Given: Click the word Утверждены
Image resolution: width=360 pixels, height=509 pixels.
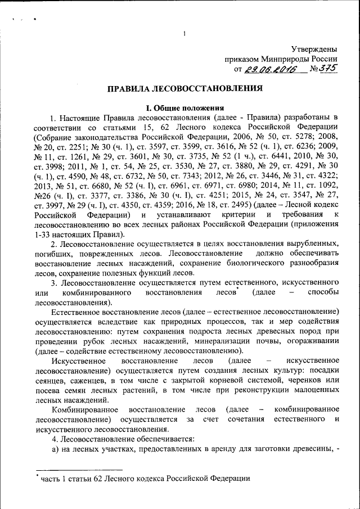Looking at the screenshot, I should pos(314,49).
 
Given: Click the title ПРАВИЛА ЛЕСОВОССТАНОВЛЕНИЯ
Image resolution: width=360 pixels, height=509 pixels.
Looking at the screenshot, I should pos(185,89).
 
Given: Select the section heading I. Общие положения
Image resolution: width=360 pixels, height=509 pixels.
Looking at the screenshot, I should pos(185,108).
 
